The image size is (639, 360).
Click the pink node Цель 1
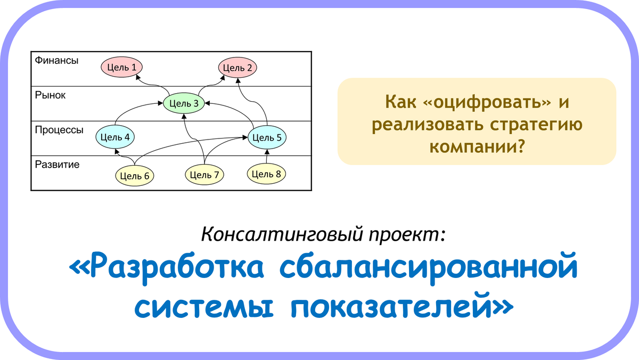121,67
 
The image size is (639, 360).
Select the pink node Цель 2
237,68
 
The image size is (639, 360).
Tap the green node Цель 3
184,103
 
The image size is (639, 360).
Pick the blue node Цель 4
115,137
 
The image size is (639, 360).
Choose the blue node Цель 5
267,137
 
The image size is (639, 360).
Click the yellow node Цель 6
134,176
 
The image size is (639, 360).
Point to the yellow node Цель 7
204,175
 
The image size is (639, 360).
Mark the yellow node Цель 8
266,174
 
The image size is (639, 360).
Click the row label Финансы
56,61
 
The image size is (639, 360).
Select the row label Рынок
50,95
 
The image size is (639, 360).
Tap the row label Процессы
59,130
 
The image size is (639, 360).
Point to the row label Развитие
57,165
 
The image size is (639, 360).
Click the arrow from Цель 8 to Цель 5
267,157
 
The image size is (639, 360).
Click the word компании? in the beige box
477,147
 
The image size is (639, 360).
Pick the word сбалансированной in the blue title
429,268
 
